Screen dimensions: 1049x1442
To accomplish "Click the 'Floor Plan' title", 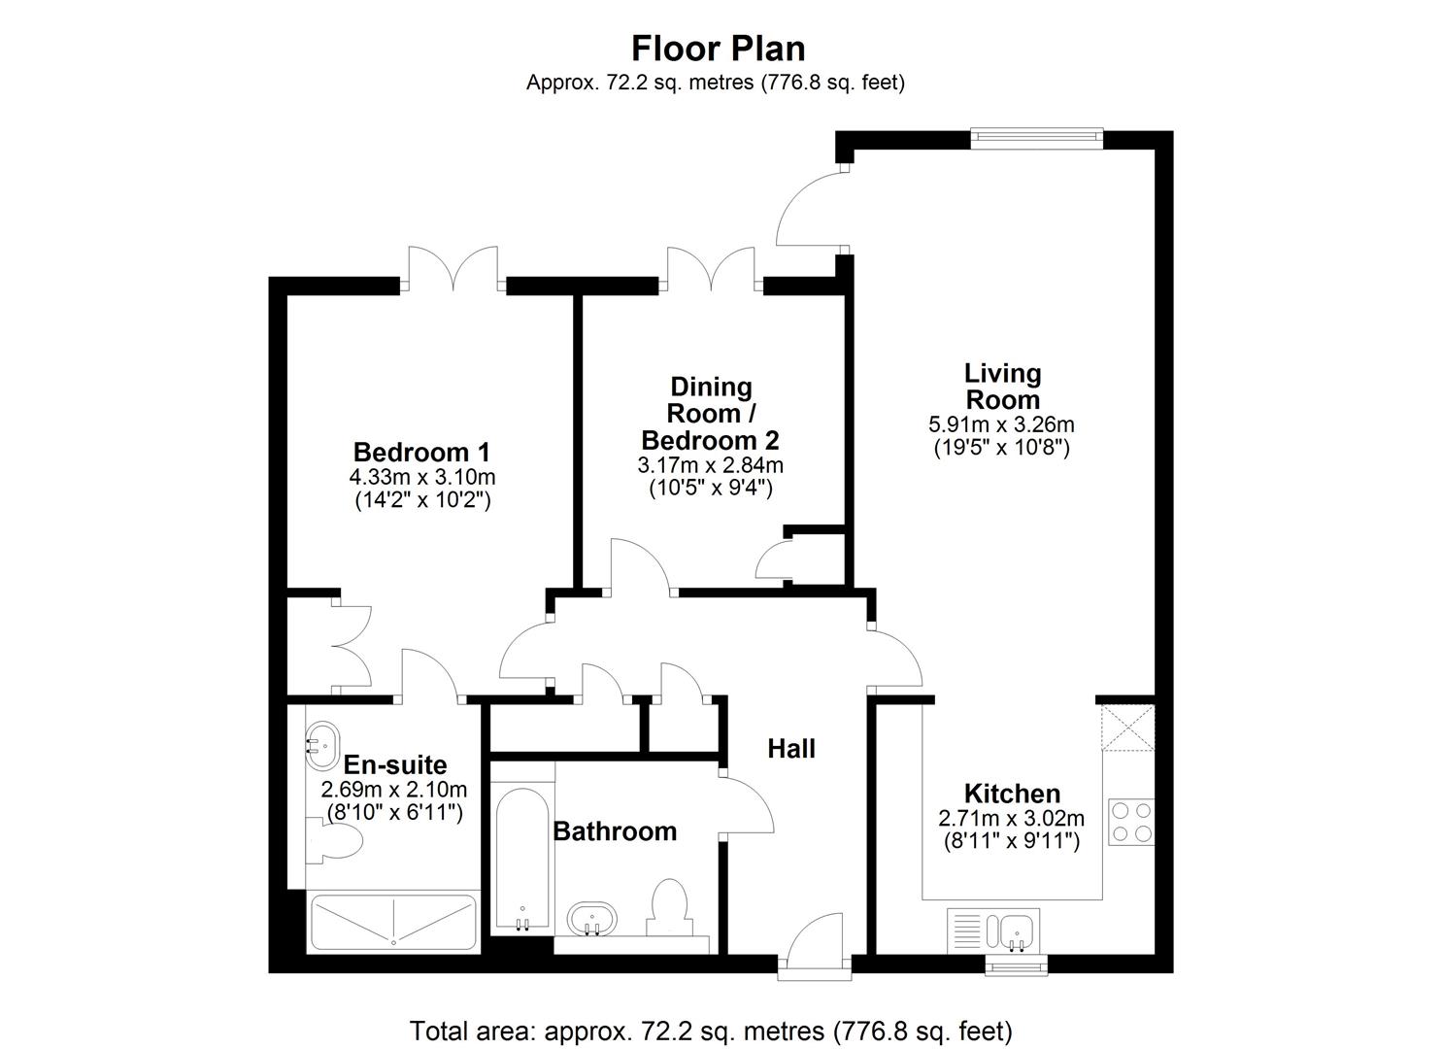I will coord(718,48).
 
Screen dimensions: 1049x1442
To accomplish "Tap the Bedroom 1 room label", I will coord(421,452).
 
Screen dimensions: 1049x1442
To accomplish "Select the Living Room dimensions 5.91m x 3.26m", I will coord(1001,424).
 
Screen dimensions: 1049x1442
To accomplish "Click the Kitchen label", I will coord(1012,794).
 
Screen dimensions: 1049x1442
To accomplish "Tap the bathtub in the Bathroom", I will coord(523,859).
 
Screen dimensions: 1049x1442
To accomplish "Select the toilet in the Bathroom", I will coord(667,907).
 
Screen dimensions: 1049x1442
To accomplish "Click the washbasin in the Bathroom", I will coord(590,918).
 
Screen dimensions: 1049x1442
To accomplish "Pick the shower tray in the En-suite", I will coord(393,921).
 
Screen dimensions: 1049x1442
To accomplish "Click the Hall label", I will coord(791,749).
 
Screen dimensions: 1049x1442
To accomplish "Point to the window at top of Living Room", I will coord(1037,138).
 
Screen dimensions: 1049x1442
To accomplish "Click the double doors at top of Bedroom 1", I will coord(453,269).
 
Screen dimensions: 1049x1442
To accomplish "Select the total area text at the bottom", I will coord(711,1030).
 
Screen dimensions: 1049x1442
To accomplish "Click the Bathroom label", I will coord(615,831).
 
